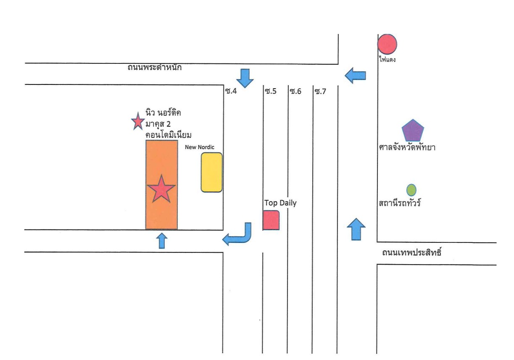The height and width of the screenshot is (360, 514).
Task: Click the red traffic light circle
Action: point(387,44)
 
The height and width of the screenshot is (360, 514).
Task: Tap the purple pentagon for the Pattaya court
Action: point(413,131)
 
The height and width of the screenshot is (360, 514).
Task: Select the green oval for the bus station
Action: point(411,190)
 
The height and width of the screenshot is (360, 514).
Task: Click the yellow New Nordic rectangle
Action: point(211,172)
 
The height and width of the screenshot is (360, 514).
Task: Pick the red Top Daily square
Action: point(271,220)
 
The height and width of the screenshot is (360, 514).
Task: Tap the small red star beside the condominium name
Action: point(138,121)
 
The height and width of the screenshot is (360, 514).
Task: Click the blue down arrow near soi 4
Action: point(245,78)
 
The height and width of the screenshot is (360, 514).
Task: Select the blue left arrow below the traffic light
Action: point(355,76)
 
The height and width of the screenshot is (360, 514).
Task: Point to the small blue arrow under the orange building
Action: point(161,241)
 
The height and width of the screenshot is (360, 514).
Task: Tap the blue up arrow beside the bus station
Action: point(356,229)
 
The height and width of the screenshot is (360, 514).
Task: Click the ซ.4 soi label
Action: point(231,91)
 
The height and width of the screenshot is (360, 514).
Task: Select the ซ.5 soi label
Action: point(271,91)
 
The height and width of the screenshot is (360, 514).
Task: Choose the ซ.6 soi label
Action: point(295,91)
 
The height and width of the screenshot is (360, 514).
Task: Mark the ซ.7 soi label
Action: point(320,92)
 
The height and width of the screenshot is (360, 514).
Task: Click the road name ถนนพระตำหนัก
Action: point(154,67)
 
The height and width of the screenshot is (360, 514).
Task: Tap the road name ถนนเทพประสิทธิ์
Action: point(411,252)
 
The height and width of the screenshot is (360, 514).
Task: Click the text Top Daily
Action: point(280,203)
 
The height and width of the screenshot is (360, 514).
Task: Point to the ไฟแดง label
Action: point(387,59)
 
